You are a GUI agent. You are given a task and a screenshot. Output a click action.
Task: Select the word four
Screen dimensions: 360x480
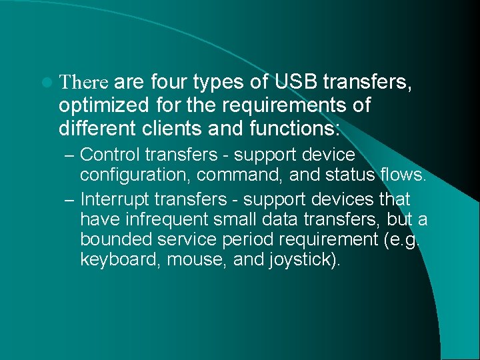170,82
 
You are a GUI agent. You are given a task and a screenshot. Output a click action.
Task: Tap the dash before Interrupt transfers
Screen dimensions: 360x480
71,200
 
